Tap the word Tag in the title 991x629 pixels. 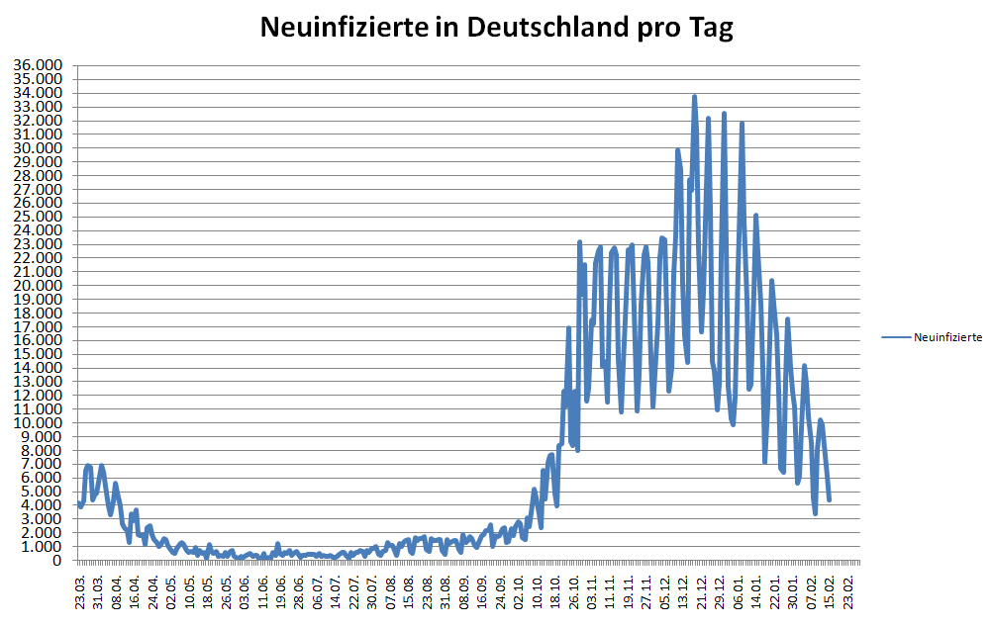click(x=710, y=28)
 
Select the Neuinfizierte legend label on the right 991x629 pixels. click(x=947, y=337)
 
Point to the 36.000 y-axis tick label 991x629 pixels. click(x=38, y=66)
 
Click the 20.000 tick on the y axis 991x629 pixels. click(x=38, y=286)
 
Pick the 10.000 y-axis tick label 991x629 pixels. click(x=38, y=423)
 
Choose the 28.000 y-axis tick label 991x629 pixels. click(x=38, y=176)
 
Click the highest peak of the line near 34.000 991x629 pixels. click(x=694, y=97)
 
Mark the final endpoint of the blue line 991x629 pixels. click(x=829, y=499)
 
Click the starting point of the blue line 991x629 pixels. click(x=79, y=503)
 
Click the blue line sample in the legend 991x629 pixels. click(x=895, y=337)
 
